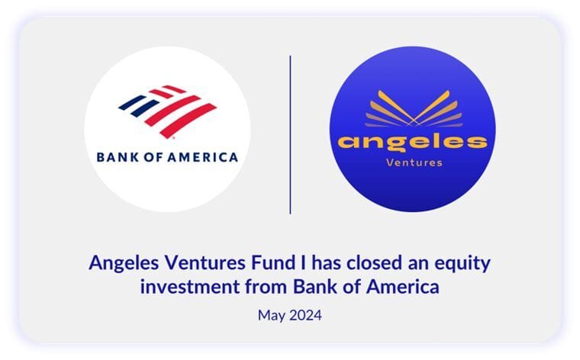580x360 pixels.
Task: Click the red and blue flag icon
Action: (x=168, y=111)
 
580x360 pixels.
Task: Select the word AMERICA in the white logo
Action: (x=203, y=157)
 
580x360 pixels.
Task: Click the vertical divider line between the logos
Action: (x=290, y=135)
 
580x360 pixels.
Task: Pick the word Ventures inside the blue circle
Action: (x=414, y=162)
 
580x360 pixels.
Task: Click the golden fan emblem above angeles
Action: (x=414, y=108)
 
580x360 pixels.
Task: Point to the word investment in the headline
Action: (x=190, y=287)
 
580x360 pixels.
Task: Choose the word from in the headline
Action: (x=266, y=287)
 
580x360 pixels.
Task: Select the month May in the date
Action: (x=272, y=316)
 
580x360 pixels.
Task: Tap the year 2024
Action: (x=305, y=315)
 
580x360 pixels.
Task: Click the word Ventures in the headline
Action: (x=205, y=263)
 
